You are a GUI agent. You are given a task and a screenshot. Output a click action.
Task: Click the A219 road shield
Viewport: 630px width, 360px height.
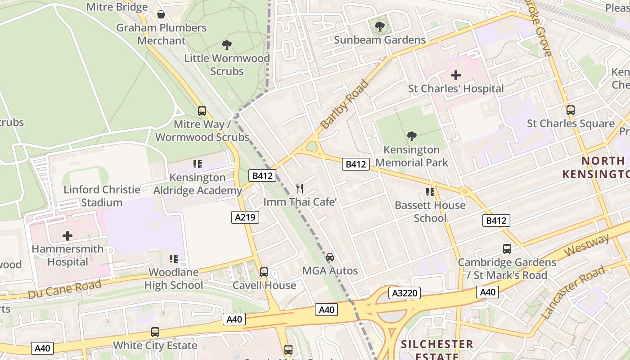pyautogui.click(x=245, y=217)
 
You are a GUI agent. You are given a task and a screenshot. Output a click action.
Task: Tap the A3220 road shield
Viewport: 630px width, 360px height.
pyautogui.click(x=405, y=293)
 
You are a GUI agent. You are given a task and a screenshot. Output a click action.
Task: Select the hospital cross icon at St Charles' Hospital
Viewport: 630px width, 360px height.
pyautogui.click(x=456, y=75)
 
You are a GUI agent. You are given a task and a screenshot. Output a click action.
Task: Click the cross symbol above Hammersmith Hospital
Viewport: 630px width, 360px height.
pyautogui.click(x=67, y=235)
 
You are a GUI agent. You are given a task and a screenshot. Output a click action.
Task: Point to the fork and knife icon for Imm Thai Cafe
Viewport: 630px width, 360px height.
pyautogui.click(x=300, y=189)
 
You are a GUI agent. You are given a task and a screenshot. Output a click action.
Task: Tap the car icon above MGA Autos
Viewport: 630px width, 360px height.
pyautogui.click(x=330, y=257)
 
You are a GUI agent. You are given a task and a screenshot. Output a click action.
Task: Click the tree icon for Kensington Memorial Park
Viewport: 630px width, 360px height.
pyautogui.click(x=411, y=136)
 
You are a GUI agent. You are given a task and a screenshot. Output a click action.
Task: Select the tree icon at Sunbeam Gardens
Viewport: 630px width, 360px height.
pyautogui.click(x=380, y=27)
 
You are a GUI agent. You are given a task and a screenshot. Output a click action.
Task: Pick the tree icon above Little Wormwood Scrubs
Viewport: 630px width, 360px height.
pyautogui.click(x=227, y=45)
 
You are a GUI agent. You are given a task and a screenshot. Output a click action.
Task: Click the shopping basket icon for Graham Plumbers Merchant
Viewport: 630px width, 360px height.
pyautogui.click(x=161, y=14)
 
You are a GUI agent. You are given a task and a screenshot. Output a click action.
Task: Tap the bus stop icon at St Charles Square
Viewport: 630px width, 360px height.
pyautogui.click(x=571, y=110)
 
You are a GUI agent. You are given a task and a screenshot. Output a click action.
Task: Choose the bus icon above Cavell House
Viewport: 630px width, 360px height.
pyautogui.click(x=264, y=272)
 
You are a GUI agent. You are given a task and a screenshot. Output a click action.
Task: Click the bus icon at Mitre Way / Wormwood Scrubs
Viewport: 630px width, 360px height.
pyautogui.click(x=202, y=111)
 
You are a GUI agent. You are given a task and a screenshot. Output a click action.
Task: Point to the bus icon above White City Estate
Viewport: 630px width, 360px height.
pyautogui.click(x=155, y=332)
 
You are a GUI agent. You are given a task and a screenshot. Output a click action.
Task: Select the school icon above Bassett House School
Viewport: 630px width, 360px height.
pyautogui.click(x=430, y=192)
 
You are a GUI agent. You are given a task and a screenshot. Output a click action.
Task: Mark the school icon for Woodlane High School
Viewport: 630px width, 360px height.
pyautogui.click(x=174, y=259)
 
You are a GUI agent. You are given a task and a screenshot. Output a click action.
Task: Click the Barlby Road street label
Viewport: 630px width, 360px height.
pyautogui.click(x=344, y=104)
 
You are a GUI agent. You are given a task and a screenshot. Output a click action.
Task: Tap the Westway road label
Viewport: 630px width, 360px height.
pyautogui.click(x=586, y=245)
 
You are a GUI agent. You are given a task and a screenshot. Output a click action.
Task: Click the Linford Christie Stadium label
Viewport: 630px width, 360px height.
pyautogui.click(x=102, y=196)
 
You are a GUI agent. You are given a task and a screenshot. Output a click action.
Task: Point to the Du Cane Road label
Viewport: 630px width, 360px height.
pyautogui.click(x=64, y=288)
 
